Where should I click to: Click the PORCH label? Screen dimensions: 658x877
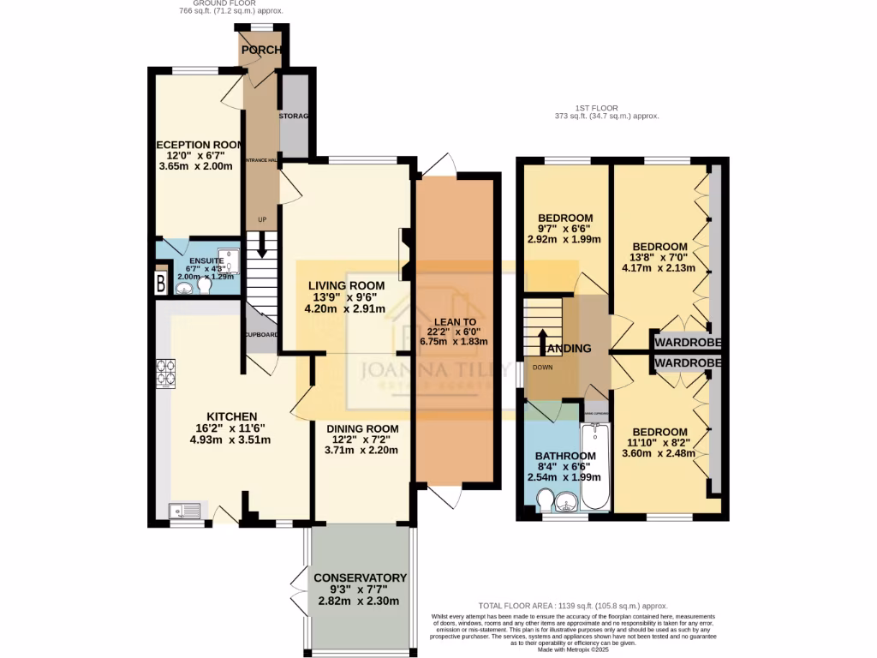tap(261, 51)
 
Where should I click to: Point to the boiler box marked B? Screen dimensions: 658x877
tap(160, 284)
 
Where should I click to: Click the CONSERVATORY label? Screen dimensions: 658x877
tap(360, 577)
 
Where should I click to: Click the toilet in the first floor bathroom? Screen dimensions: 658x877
tap(545, 499)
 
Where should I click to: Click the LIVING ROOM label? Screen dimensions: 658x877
tap(347, 285)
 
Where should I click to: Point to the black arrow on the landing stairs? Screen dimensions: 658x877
tap(544, 340)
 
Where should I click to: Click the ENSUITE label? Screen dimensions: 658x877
tap(206, 260)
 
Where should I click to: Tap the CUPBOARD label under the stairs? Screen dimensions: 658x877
tap(261, 335)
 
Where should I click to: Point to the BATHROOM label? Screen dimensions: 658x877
tap(564, 455)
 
